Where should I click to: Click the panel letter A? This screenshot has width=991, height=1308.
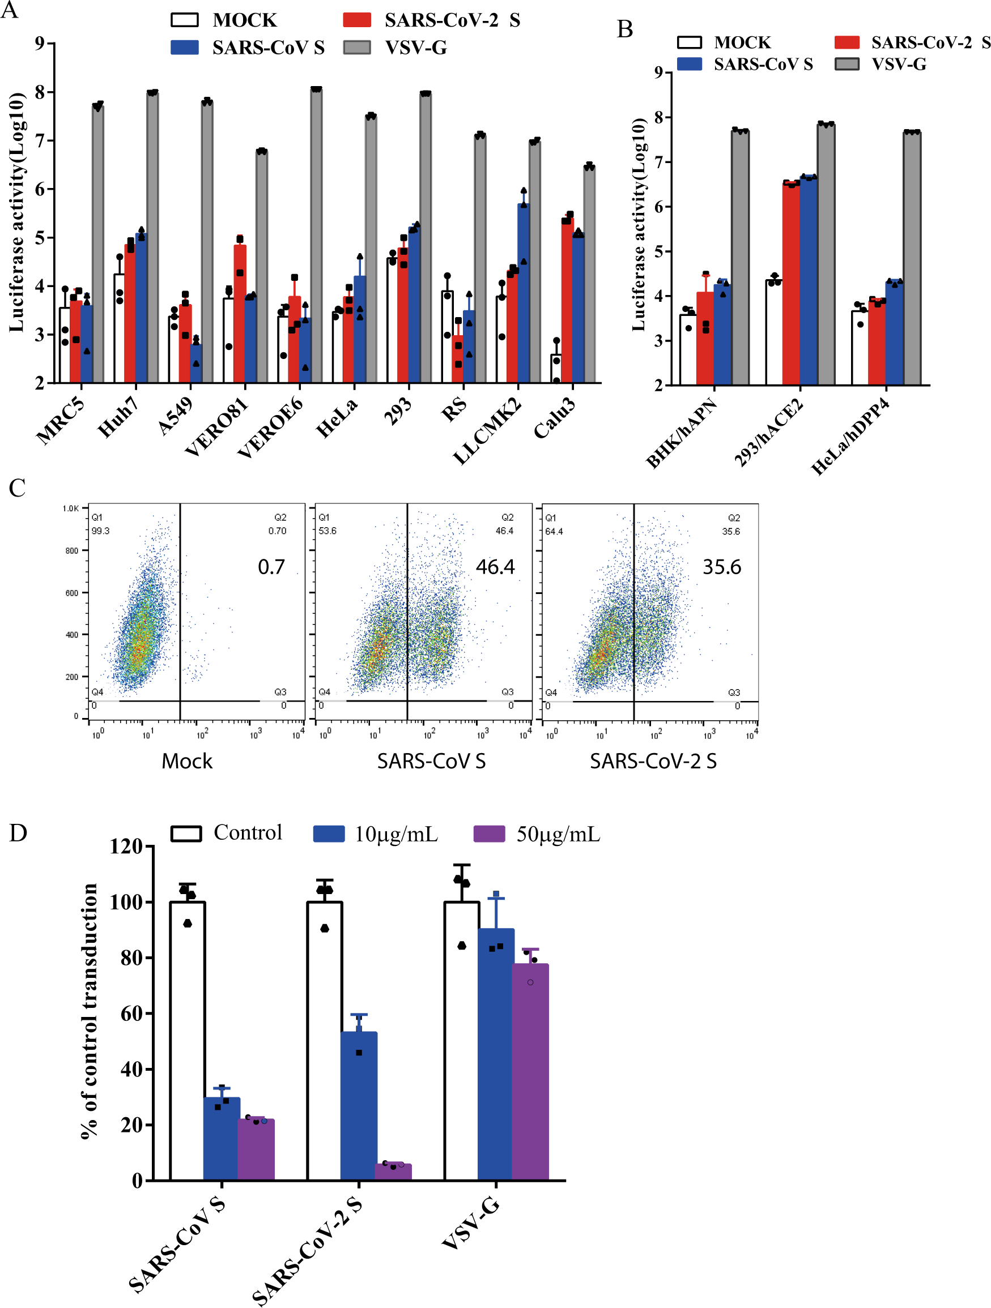[x=10, y=10]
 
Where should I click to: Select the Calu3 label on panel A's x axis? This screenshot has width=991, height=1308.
[x=554, y=418]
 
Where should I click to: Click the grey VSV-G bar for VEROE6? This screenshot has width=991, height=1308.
[x=317, y=237]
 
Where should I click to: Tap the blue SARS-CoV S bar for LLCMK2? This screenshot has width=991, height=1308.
[x=524, y=296]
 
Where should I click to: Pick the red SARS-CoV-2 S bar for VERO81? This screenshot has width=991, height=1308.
[x=240, y=313]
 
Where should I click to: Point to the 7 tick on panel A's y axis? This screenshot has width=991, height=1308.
[x=40, y=141]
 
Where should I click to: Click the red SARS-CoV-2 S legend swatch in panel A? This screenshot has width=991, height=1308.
[x=357, y=20]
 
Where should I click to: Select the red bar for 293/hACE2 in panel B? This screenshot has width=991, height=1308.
[x=791, y=284]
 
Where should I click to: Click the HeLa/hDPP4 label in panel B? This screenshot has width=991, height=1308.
[x=850, y=437]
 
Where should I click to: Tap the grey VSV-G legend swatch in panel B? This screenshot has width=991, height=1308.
[x=847, y=64]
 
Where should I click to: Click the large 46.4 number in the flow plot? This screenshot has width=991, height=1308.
[x=495, y=567]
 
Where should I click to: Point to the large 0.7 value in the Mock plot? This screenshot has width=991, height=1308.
[x=271, y=567]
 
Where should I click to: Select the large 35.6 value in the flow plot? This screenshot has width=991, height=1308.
[x=721, y=567]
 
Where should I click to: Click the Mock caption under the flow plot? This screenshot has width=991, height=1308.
[x=187, y=761]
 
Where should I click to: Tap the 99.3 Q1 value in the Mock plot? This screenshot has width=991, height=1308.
[x=100, y=531]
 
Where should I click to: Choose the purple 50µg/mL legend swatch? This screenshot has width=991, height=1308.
[x=490, y=833]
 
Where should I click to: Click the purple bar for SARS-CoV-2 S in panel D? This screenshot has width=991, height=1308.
[x=393, y=1172]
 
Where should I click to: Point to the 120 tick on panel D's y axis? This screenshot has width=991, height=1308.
[x=126, y=847]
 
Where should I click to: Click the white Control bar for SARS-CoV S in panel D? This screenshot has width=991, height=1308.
[x=188, y=1041]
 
